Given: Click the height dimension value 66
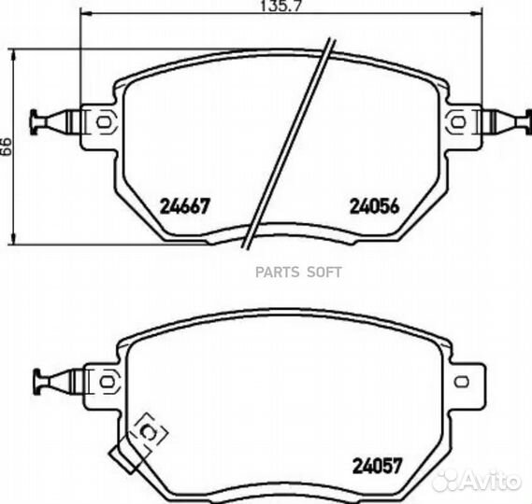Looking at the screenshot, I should pos(7,146).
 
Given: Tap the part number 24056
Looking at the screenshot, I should pos(374,205).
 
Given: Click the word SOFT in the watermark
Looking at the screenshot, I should pos(325,273).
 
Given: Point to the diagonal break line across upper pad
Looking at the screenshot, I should pos(285,145).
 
